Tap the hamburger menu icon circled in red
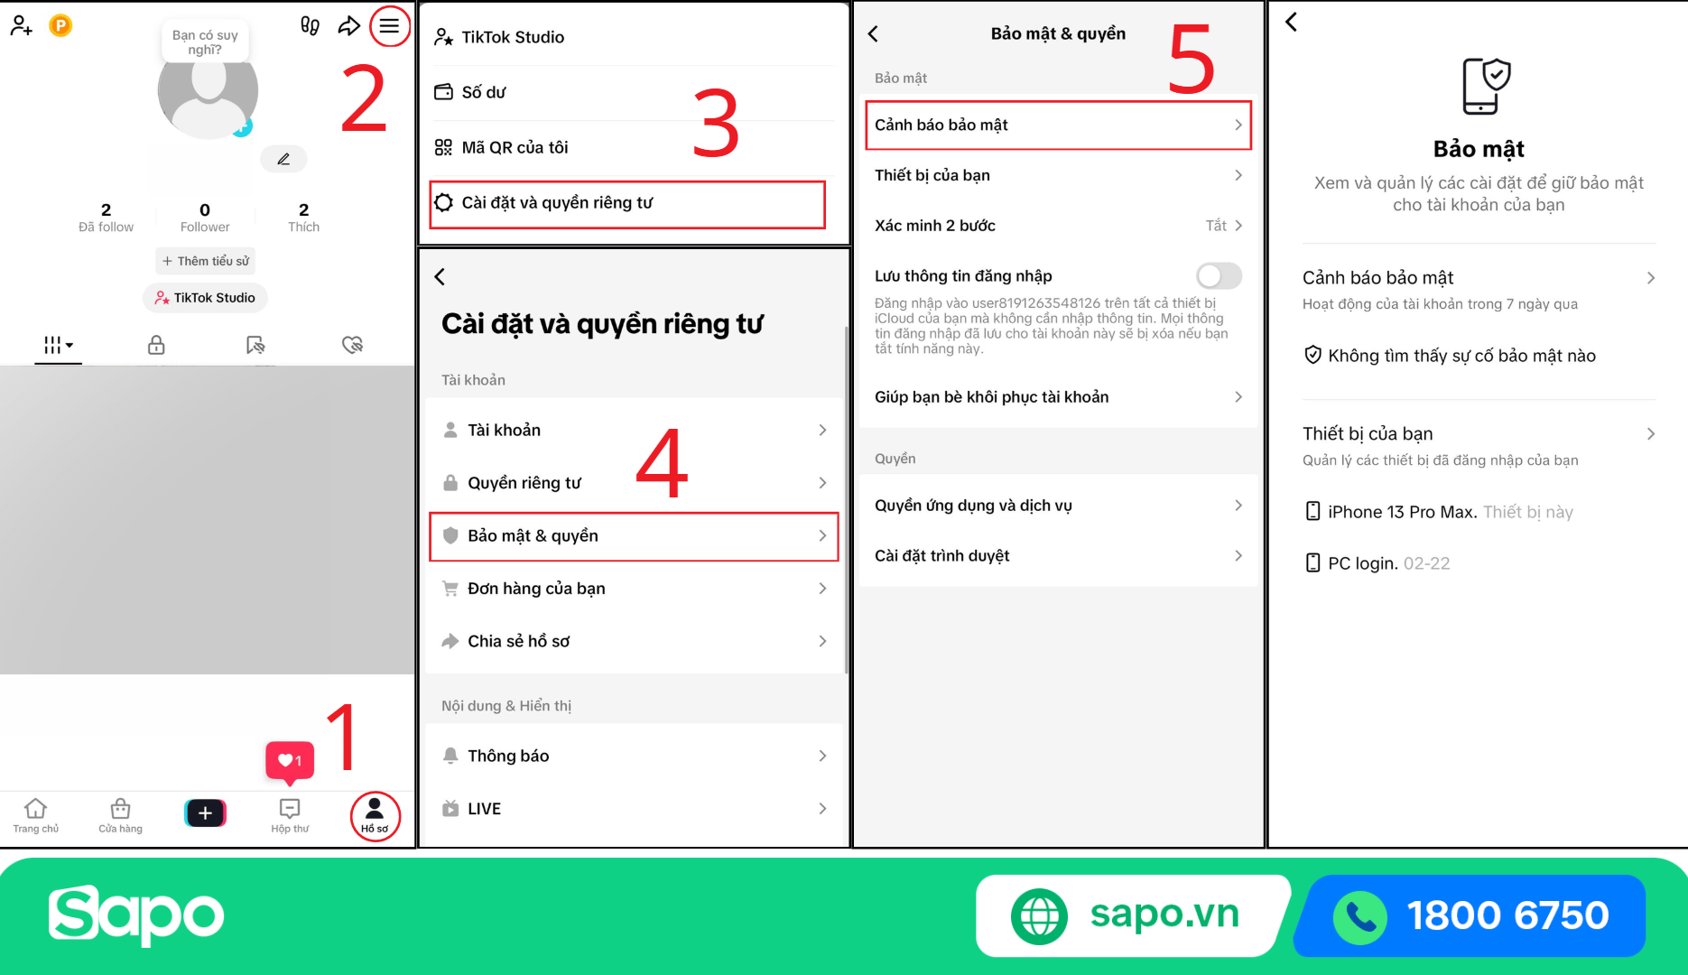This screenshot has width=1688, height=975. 389,26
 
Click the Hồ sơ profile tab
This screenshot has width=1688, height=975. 375,815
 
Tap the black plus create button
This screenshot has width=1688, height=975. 205,812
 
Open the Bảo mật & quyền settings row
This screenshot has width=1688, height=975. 634,536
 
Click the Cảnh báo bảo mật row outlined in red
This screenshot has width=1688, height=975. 1058,125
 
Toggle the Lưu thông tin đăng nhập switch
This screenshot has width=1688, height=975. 1219,275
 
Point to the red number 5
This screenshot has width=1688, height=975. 1191,59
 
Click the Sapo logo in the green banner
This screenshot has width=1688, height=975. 136,915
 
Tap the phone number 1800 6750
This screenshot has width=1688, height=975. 1507,915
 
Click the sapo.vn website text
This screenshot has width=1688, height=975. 1164,915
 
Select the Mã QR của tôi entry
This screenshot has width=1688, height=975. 515,147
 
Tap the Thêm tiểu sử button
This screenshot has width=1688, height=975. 205,261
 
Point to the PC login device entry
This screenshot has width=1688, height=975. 1377,563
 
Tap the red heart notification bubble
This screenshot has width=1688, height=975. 290,761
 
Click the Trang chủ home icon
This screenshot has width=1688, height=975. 35,808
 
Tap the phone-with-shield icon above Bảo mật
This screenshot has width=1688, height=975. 1485,86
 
